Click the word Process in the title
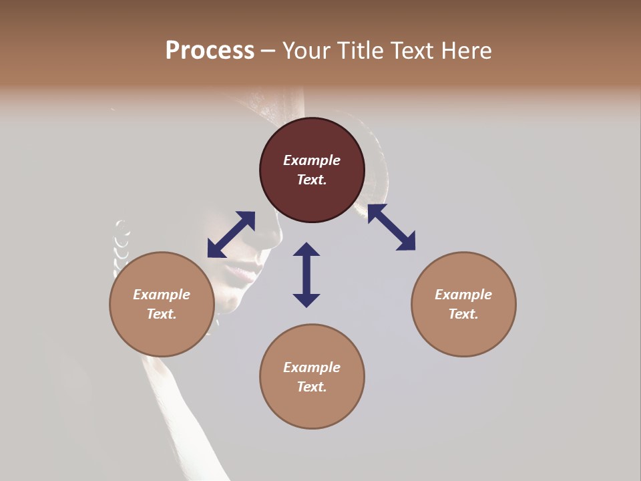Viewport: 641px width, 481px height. (210, 51)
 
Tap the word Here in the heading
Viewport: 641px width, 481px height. (466, 51)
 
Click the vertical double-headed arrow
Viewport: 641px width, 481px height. (306, 275)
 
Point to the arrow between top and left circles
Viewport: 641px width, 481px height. (231, 234)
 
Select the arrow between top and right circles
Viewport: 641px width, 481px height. (391, 227)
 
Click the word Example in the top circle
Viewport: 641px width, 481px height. (312, 160)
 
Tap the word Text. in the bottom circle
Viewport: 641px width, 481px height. (312, 387)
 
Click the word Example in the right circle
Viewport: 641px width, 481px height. (463, 295)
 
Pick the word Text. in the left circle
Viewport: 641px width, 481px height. (162, 314)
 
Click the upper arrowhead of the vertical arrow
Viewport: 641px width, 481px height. (306, 250)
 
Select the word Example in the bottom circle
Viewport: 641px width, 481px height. (312, 367)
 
